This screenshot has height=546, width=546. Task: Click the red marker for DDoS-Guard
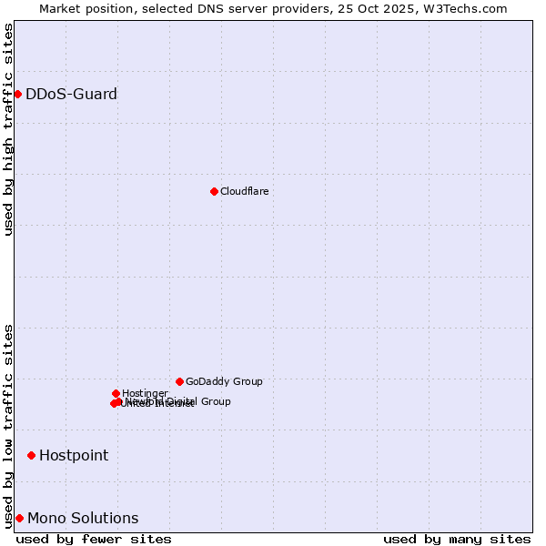pos(17,94)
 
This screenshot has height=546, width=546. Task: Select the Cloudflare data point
pos(214,191)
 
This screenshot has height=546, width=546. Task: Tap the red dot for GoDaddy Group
pos(179,381)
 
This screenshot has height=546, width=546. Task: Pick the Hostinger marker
pos(116,393)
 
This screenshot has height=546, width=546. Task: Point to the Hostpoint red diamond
pos(31,455)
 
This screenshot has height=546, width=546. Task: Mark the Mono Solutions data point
pos(19,518)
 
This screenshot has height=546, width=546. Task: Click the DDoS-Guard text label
pos(71,94)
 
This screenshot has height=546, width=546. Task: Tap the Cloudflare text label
pos(244,191)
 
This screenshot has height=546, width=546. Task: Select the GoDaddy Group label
pos(224,381)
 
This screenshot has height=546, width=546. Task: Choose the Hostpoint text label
pos(74,455)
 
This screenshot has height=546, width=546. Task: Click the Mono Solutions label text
pos(83,518)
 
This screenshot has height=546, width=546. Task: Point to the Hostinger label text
pos(145,393)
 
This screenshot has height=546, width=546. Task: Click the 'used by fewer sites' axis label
pos(94,539)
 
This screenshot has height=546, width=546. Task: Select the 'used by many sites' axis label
pos(457,539)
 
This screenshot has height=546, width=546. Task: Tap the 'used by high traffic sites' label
pos(8,129)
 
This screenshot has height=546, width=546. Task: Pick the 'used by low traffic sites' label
pos(8,426)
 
